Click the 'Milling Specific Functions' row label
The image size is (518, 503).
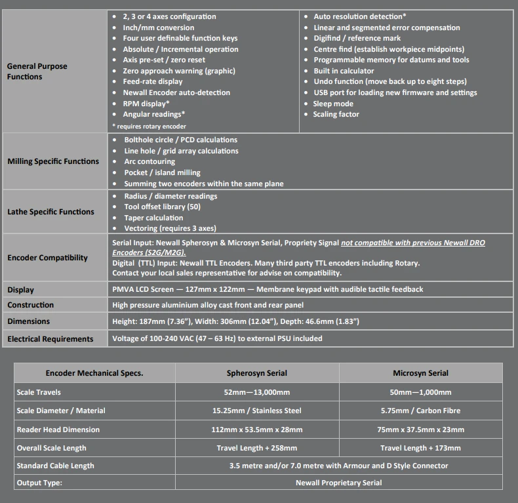(53, 161)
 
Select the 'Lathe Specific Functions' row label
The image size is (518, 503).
(50, 212)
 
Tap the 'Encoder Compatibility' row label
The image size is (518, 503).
(47, 258)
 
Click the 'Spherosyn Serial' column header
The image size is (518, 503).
(257, 373)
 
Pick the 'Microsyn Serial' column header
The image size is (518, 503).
(420, 373)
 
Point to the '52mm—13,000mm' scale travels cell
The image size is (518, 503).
(257, 392)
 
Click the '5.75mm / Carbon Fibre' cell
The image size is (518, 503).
(420, 411)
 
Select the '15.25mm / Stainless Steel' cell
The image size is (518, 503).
(257, 411)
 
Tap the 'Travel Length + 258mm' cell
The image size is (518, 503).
(257, 448)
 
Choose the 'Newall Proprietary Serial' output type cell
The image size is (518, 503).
(339, 483)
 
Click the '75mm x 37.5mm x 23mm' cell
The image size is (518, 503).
(420, 430)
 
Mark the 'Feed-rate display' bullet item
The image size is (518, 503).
(153, 81)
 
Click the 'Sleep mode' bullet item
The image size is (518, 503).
(333, 104)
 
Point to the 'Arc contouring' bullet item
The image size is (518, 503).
(149, 161)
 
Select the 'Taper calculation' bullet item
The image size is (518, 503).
(153, 218)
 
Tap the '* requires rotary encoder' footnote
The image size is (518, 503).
(149, 126)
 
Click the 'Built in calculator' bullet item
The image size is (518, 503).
(344, 71)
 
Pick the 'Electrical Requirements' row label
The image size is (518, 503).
(50, 339)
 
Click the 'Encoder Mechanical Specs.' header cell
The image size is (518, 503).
(94, 373)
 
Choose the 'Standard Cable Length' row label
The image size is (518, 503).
(55, 466)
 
